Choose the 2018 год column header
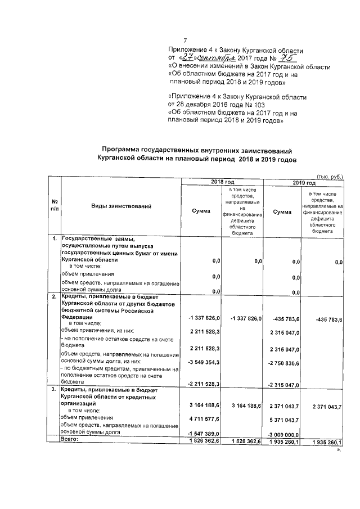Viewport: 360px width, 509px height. pos(222,183)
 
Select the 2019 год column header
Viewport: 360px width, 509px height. pos(304,183)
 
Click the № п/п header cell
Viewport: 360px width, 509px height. pos(55,205)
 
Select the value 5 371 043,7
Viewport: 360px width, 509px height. pos(286,420)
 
